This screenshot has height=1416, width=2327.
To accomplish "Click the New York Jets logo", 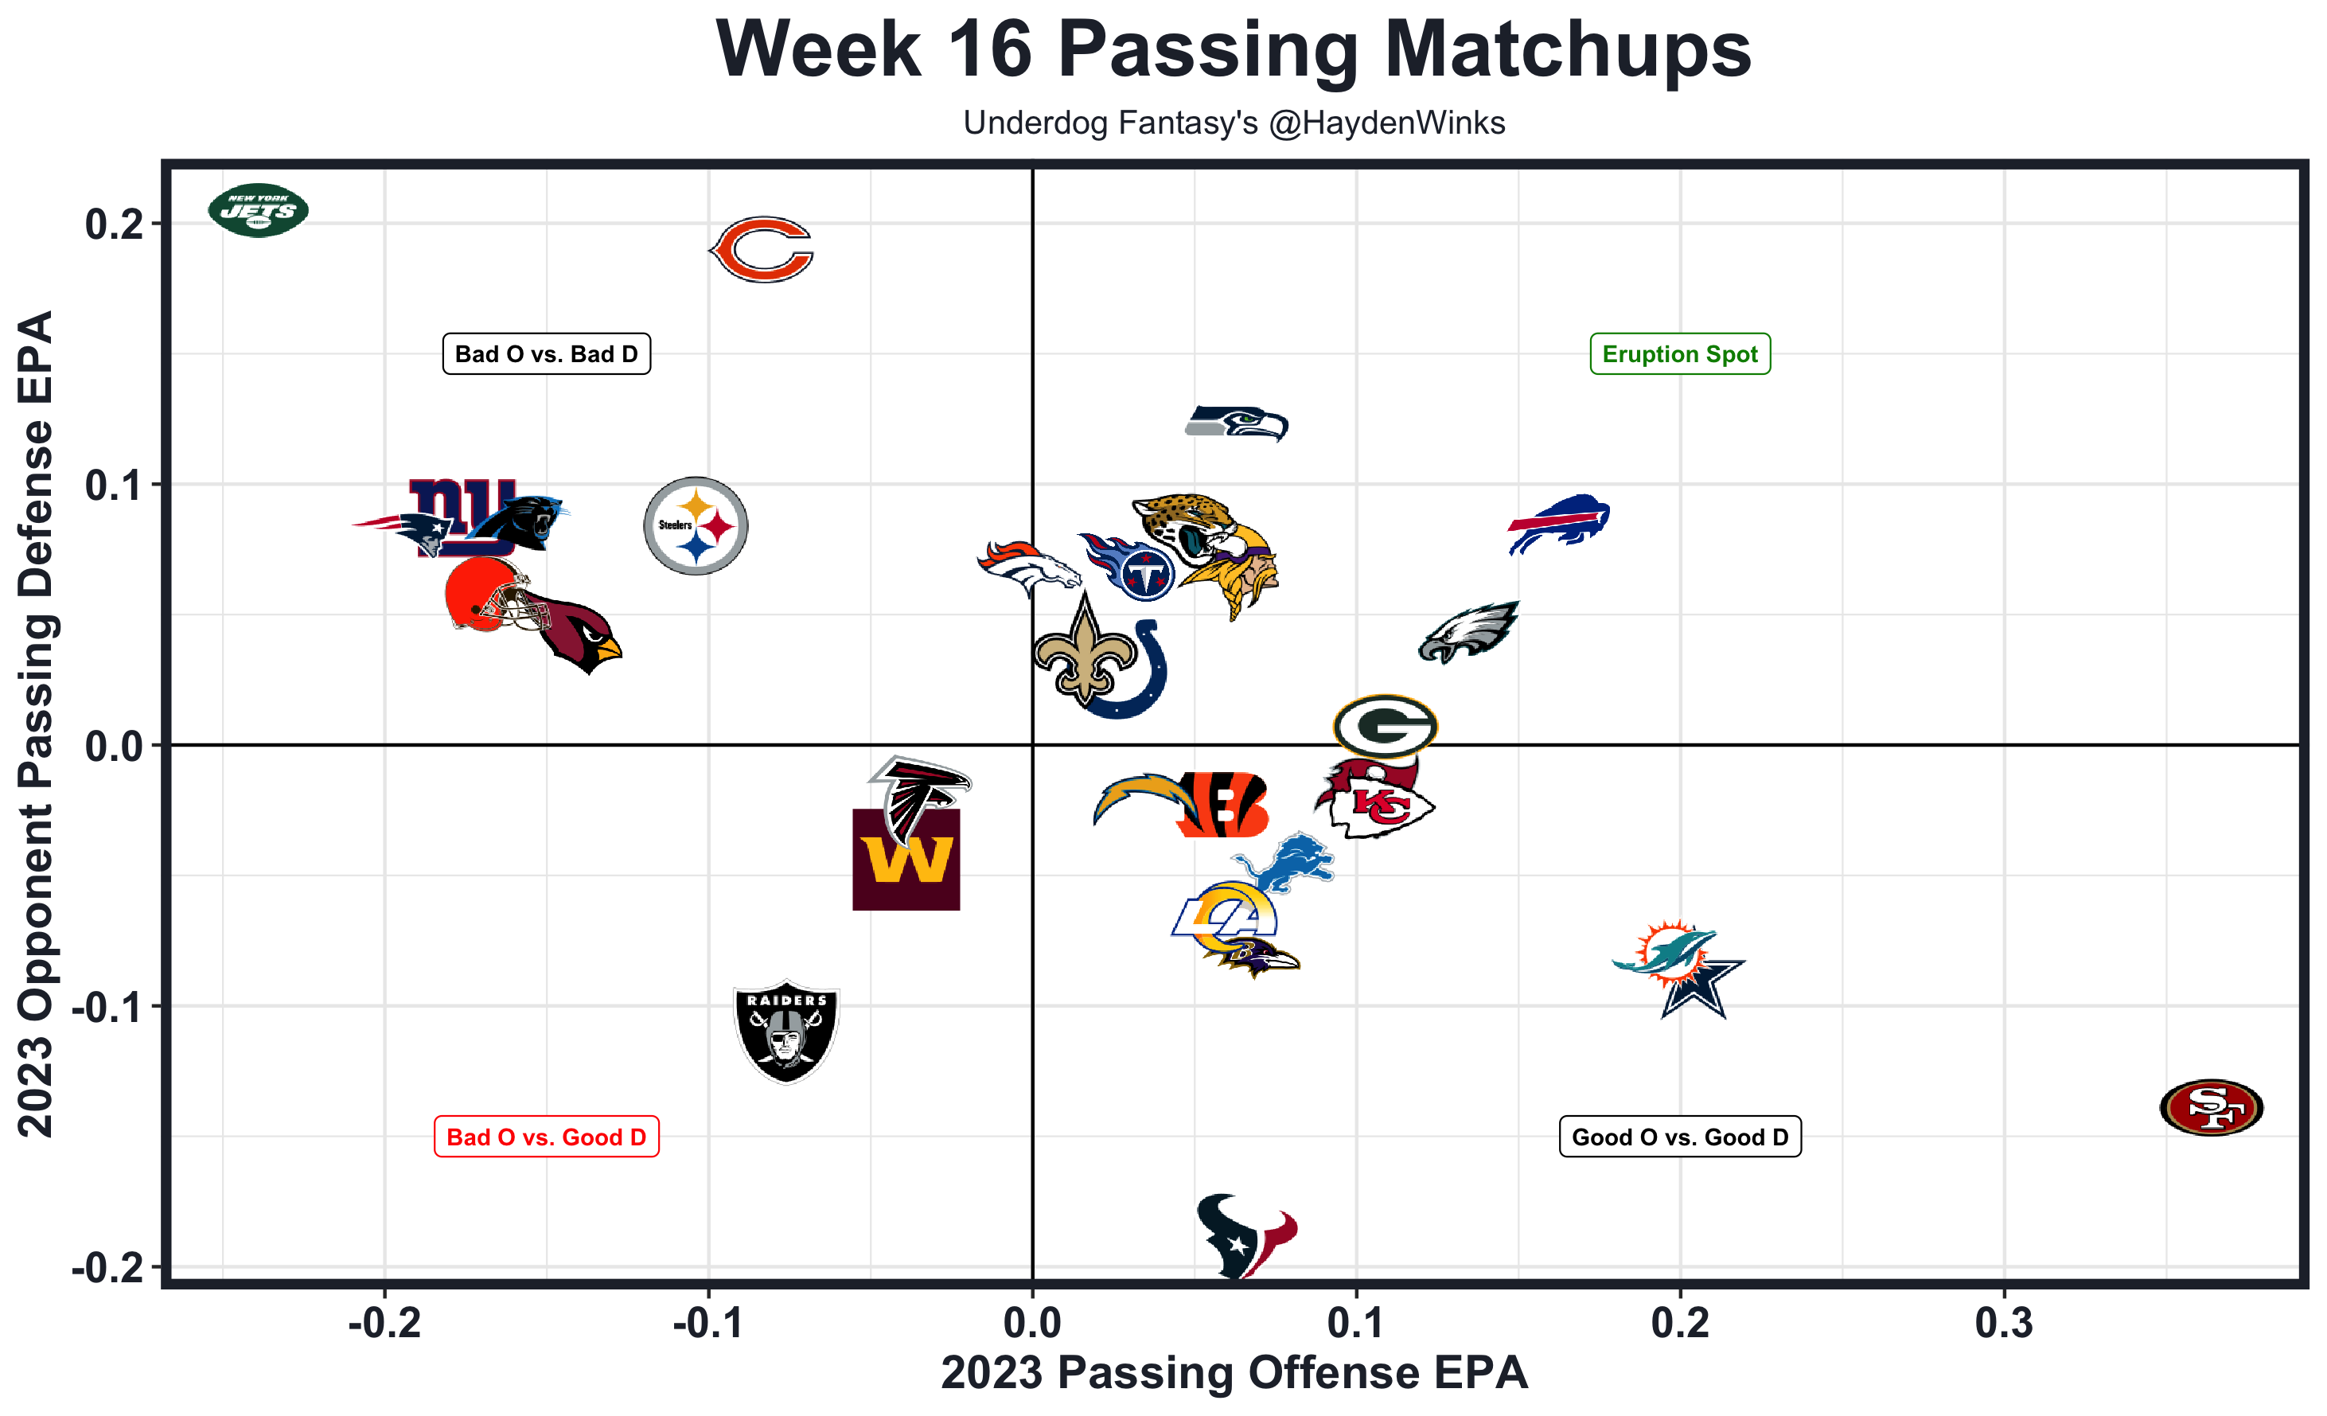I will pos(258,209).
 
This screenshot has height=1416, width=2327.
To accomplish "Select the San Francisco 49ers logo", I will pos(2211,1106).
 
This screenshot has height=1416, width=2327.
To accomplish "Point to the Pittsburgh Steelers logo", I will pos(696,525).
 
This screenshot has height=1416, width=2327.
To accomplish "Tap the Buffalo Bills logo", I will pos(1559,522).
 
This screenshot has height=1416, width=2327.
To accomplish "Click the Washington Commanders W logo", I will pos(906,860).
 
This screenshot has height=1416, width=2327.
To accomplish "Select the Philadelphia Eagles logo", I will pos(1468,632).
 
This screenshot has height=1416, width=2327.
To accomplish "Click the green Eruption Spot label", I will pos(1679,354).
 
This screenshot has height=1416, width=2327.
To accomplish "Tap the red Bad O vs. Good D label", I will pos(546,1137).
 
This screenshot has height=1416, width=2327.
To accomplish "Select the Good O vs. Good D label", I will pos(1679,1137).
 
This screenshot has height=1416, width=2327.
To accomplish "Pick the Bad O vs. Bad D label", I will pos(546,354).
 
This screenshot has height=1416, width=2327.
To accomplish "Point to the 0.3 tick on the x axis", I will pos(2003,1324).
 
